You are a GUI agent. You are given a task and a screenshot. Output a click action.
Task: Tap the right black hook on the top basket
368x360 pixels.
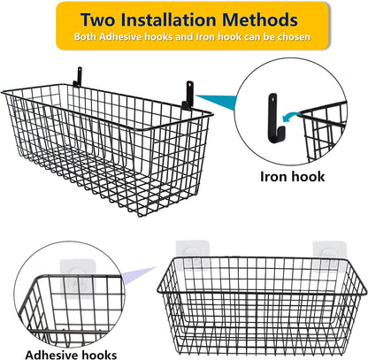pos(189,91)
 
